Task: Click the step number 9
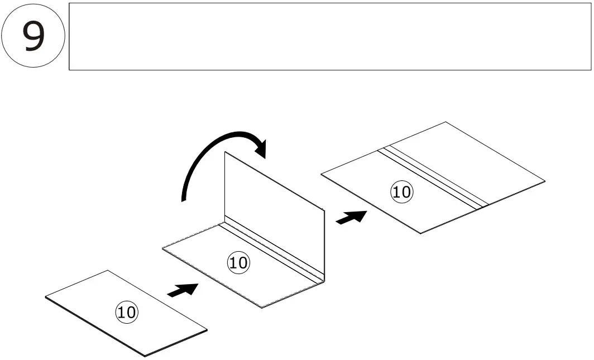33,36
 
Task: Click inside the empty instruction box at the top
329,36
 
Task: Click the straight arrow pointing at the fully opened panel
351,217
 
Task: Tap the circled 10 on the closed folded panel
126,312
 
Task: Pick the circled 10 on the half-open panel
238,263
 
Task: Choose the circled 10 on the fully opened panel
401,193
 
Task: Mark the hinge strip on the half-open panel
271,251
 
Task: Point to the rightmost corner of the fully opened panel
544,181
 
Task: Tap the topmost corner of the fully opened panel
446,122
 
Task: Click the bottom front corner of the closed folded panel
145,355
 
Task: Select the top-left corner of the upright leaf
225,152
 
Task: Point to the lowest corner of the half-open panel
262,308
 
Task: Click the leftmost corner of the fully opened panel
322,175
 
